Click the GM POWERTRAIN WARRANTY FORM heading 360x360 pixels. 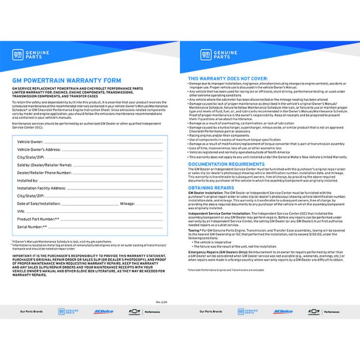click(66, 81)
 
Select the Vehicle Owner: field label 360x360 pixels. click(30, 141)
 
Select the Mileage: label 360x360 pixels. click(127, 204)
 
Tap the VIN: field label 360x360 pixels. click(21, 211)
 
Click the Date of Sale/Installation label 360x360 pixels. click(39, 204)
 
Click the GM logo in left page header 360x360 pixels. click(17, 55)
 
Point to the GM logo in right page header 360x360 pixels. click(205, 55)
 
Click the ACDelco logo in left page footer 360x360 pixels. click(103, 312)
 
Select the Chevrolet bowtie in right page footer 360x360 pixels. click(314, 312)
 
